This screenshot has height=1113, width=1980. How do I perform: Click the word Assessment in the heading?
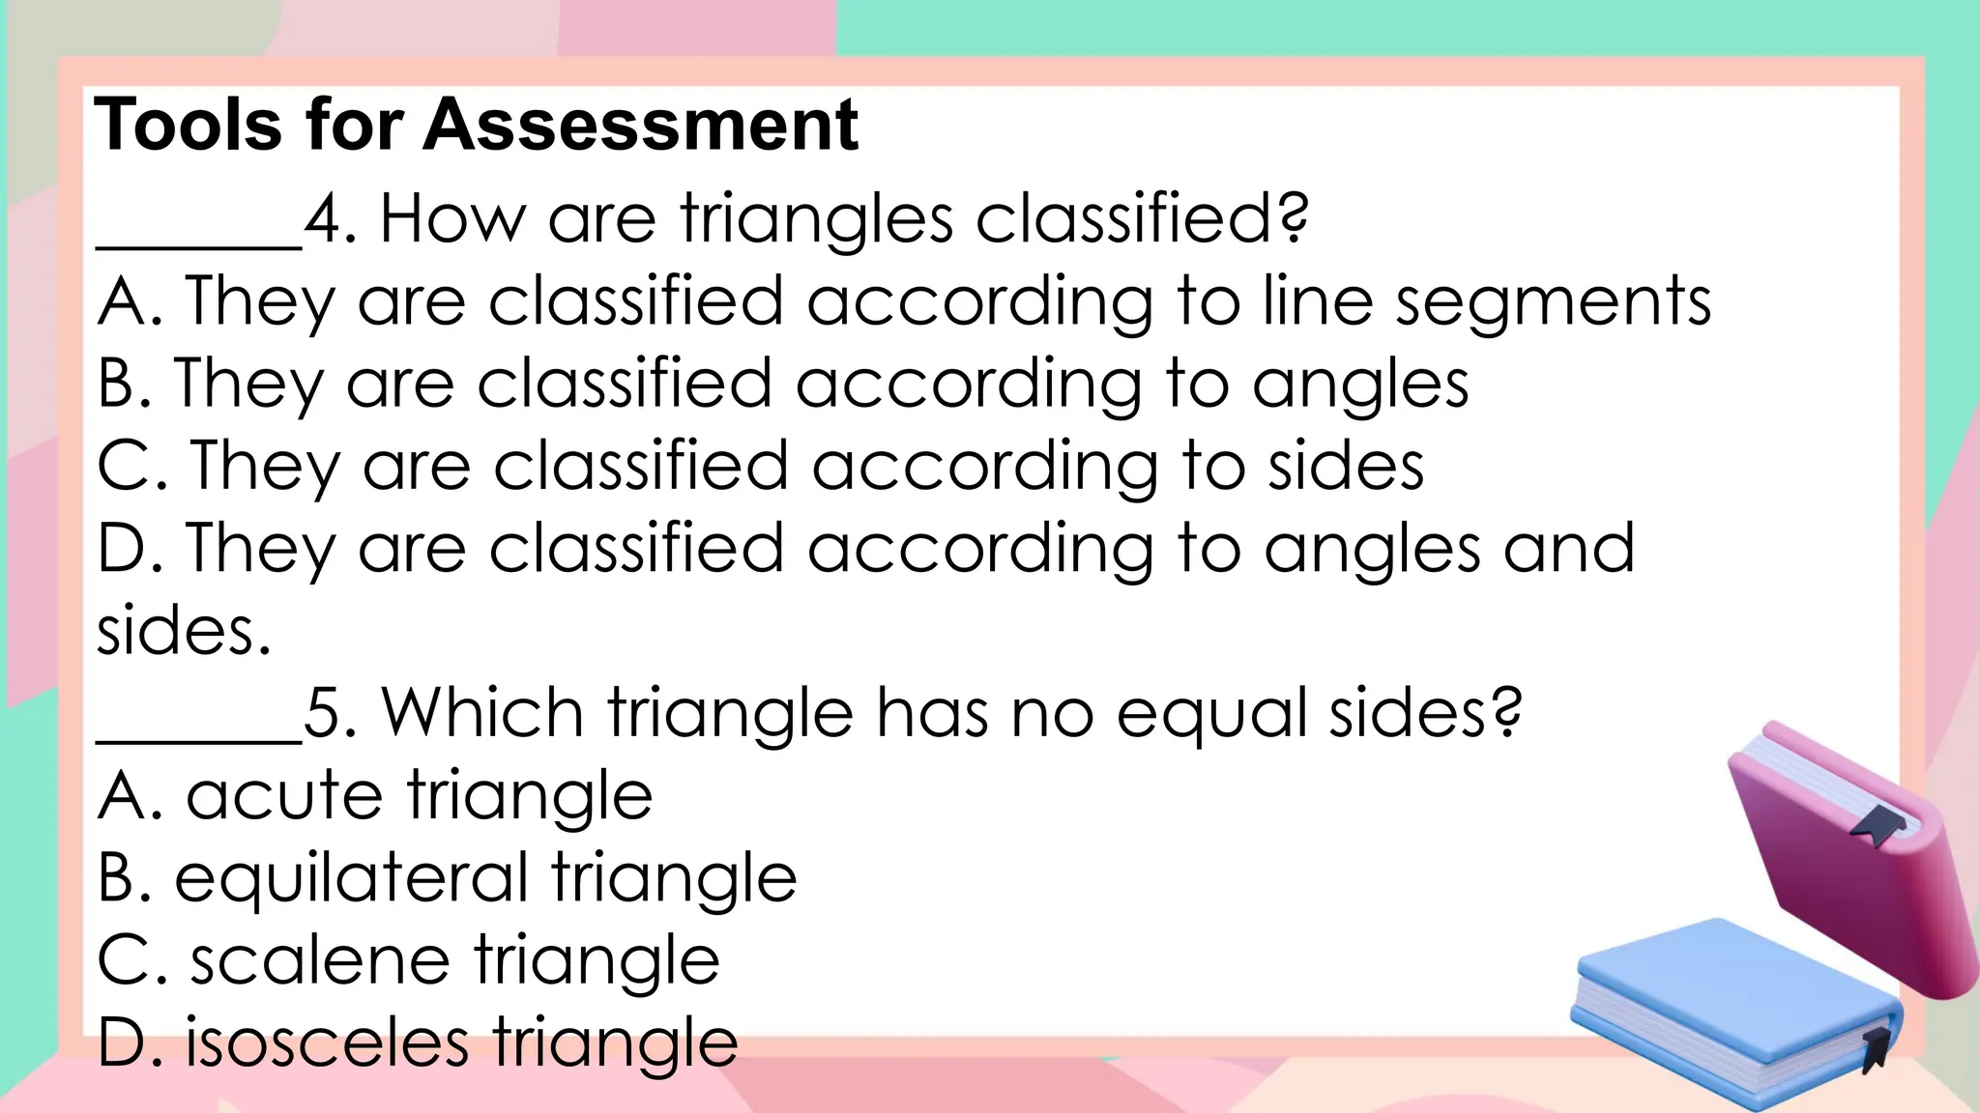(x=640, y=126)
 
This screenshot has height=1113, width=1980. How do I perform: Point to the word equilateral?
(x=351, y=879)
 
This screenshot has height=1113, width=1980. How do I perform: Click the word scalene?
(x=319, y=960)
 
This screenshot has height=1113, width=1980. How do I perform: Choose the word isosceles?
(x=327, y=1043)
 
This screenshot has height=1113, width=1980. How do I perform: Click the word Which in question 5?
(x=482, y=713)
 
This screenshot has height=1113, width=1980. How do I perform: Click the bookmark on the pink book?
(x=1877, y=824)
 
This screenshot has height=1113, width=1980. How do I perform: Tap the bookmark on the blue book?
(x=1875, y=1047)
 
